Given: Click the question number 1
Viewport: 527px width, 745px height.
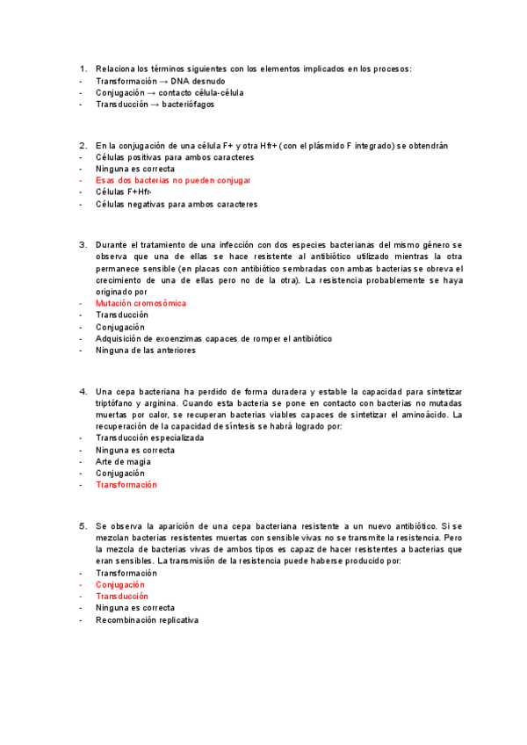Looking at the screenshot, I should [82, 69].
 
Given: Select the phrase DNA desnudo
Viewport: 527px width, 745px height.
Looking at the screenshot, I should [199, 80].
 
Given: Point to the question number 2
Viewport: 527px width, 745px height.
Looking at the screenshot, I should [82, 145].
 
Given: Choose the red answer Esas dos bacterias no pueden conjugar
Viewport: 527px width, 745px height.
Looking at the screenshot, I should [173, 180].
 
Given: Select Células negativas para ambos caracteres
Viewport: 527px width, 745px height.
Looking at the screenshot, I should [177, 204].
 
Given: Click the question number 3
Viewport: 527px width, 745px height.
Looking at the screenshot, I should [82, 244].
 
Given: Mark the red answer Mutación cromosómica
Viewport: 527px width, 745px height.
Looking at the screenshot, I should [141, 303].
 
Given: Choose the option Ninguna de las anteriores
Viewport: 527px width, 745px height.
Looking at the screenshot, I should [146, 350].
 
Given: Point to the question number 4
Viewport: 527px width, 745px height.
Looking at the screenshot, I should [82, 391].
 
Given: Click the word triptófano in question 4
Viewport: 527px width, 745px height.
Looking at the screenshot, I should [117, 402].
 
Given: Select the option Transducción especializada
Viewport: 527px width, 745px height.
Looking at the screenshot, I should [149, 438].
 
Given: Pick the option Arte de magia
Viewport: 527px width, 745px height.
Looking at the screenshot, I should [123, 461].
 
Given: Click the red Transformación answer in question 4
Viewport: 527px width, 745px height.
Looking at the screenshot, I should [126, 484].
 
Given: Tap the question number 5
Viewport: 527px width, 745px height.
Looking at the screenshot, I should [82, 525].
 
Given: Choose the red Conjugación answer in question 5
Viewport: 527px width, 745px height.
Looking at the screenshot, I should [120, 584].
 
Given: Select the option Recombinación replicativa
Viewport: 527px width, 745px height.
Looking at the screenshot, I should [147, 619].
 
